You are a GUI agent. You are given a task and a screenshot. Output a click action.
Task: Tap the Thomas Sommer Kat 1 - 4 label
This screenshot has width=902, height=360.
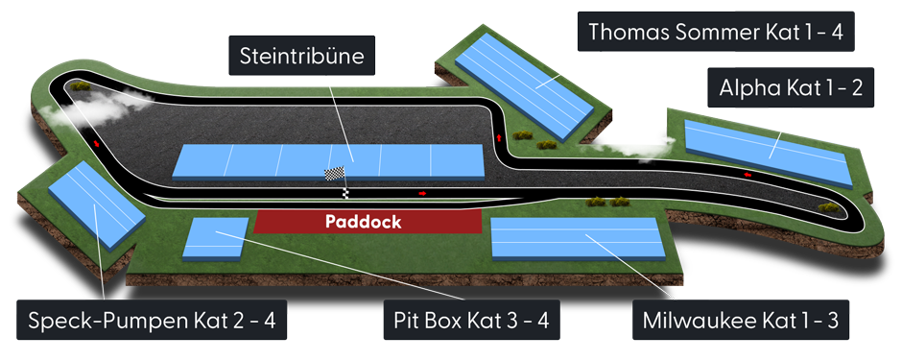click(x=715, y=32)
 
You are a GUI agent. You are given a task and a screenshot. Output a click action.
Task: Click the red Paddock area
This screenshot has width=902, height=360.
click(x=368, y=221)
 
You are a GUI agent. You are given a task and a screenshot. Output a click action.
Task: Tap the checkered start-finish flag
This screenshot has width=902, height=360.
click(x=334, y=175)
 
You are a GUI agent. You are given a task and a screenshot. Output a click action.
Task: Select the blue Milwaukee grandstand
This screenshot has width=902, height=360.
click(x=575, y=238)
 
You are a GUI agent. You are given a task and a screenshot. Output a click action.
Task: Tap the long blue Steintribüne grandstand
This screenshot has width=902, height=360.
click(x=329, y=160)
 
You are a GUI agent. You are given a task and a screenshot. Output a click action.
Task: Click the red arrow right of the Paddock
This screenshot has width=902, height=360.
click(x=422, y=193)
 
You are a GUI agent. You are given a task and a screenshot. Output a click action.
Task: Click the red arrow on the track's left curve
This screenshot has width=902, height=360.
click(x=98, y=144)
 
